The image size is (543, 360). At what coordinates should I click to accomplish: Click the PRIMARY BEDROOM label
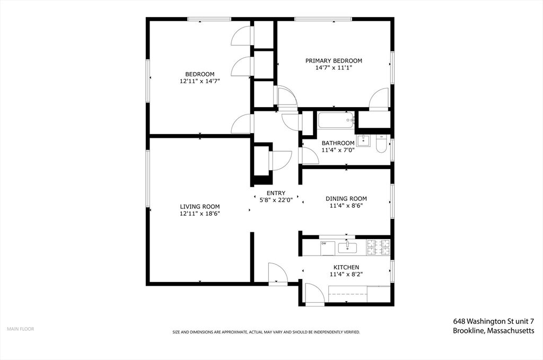[334, 60]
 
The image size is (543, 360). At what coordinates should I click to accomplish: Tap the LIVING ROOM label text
[200, 207]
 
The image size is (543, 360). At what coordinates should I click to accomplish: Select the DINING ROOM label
[346, 199]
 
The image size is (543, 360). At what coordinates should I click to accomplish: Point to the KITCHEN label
[346, 267]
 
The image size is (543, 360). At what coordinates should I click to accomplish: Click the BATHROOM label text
[338, 143]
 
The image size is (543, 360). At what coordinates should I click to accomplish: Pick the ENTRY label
[276, 193]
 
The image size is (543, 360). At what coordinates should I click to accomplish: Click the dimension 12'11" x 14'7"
[200, 81]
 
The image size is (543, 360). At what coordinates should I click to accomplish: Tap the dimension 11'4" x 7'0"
[338, 150]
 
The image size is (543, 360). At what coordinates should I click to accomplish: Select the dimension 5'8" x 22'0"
[276, 200]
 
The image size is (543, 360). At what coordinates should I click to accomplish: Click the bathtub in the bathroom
[336, 120]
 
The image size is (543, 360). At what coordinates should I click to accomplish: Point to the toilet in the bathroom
[381, 144]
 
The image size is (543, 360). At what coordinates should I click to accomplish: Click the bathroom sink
[363, 140]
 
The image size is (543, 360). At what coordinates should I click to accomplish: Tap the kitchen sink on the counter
[347, 248]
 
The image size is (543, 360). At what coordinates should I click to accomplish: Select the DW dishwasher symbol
[327, 248]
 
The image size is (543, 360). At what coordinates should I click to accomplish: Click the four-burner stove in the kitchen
[378, 247]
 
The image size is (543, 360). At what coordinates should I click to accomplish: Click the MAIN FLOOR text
[21, 329]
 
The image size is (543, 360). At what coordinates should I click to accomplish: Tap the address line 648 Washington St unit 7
[494, 321]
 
